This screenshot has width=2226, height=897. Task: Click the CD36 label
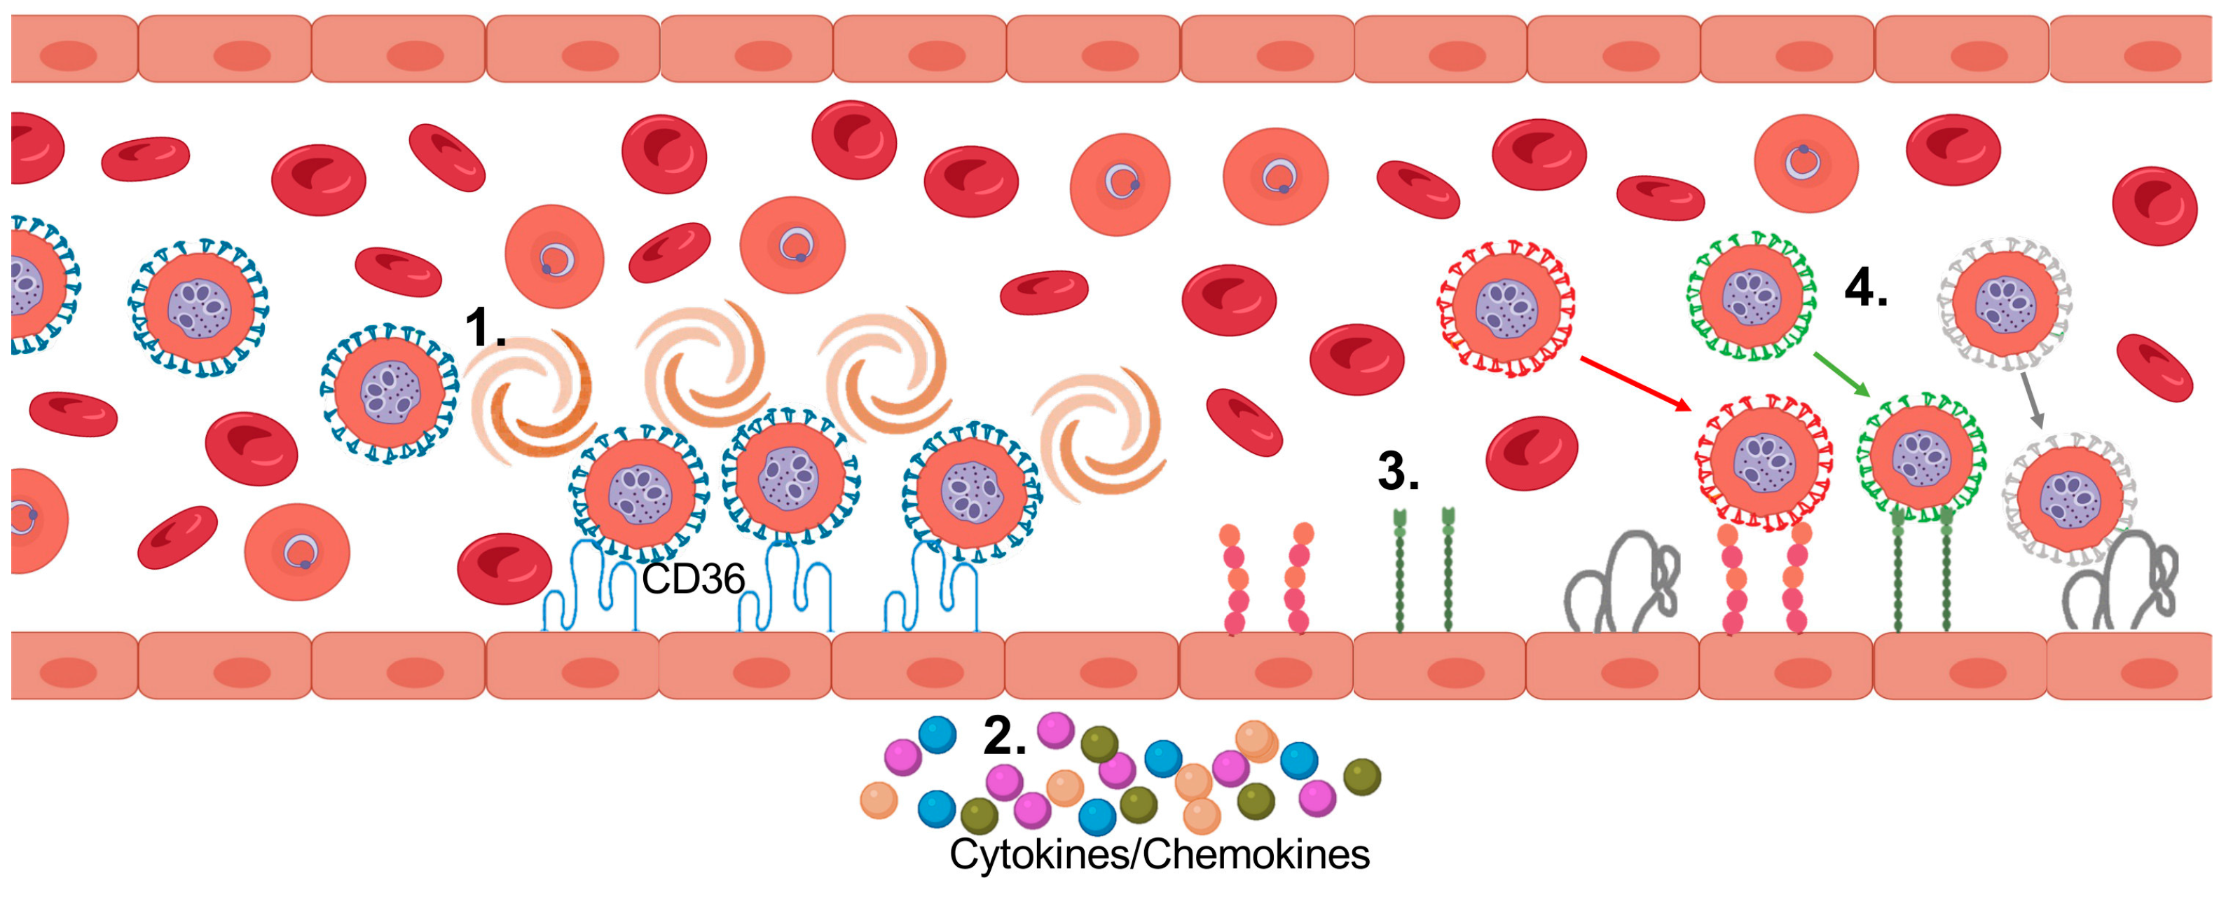[692, 579]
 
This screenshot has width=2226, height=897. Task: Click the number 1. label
[484, 329]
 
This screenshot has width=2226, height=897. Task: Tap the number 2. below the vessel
[1004, 737]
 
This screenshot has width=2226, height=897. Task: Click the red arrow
[1634, 383]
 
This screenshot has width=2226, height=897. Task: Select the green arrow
[1841, 374]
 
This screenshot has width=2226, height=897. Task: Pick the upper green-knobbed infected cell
[1752, 296]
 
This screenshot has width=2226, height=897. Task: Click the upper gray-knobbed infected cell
[2005, 303]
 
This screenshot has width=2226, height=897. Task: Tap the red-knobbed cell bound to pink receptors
[1764, 463]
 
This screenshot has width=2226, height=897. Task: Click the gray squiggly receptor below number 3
[1620, 583]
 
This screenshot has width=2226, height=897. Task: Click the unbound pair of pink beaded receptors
[1266, 577]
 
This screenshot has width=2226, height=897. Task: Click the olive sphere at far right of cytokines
[1362, 776]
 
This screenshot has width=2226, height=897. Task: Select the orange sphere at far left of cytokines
[878, 800]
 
